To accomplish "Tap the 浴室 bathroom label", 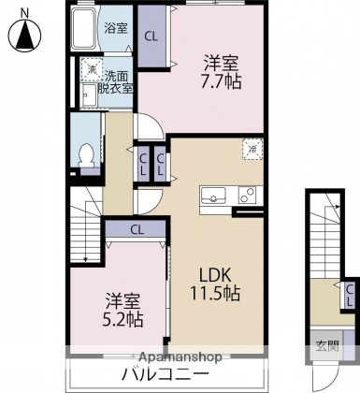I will [115, 27].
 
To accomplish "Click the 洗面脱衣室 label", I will [117, 80].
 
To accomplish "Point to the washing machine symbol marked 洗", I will [91, 68].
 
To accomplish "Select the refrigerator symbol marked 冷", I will [252, 148].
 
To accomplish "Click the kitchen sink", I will [212, 196].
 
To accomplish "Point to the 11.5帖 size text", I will [218, 293].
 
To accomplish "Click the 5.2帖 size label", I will [123, 319].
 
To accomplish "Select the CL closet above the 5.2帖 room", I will [137, 228].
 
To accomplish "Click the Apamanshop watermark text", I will [180, 357].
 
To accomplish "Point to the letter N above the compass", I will [24, 12].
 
